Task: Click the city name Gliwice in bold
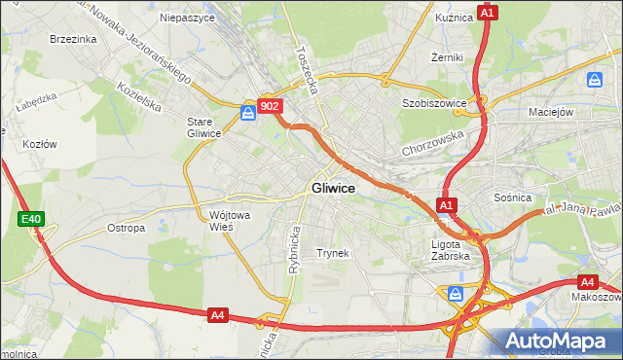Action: [x=333, y=188]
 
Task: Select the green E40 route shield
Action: [x=31, y=220]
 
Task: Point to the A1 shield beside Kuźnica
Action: [x=489, y=13]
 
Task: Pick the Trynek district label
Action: [x=332, y=252]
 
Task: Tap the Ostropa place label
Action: [x=127, y=228]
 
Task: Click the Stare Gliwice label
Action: [x=205, y=127]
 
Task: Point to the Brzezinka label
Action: [x=73, y=39]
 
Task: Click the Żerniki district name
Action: [x=448, y=57]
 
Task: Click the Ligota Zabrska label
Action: [x=451, y=250]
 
